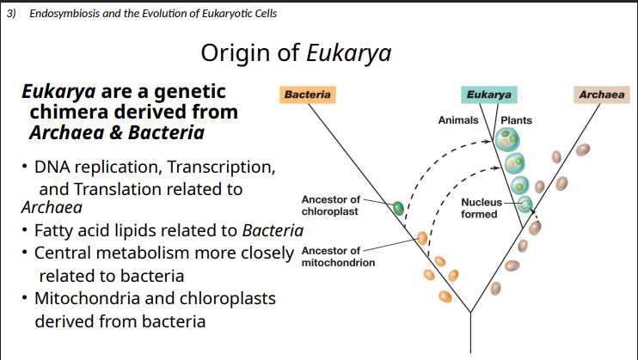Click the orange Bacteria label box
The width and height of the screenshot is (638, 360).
307,95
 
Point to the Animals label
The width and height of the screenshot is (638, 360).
458,120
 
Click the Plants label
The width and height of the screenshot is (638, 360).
516,120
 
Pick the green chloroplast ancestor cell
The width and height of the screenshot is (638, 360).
398,207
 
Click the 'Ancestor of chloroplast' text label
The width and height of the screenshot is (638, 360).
331,205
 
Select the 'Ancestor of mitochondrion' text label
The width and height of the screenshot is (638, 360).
338,256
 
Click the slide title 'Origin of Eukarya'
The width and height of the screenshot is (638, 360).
296,53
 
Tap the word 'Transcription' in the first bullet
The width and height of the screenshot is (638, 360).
223,165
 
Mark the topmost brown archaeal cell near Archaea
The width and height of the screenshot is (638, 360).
582,149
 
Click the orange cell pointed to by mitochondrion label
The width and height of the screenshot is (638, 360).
422,237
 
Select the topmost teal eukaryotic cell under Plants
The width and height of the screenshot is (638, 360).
509,137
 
